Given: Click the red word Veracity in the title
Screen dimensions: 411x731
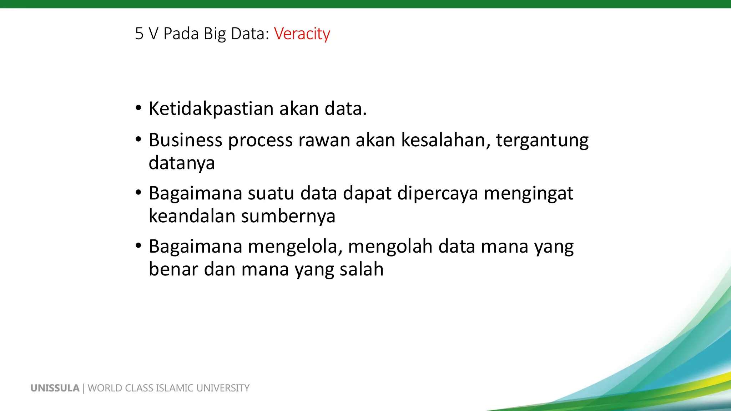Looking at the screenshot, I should coord(302,34).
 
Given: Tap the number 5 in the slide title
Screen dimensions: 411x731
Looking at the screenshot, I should coord(139,34).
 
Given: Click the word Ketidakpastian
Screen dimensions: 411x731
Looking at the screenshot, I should coord(211,109).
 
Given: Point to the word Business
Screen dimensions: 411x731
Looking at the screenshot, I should coord(185,140).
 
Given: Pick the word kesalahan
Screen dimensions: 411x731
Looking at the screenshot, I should coord(445,140).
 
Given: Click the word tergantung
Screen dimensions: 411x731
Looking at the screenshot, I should coord(542,141).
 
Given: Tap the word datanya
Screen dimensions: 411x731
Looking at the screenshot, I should coord(182,163).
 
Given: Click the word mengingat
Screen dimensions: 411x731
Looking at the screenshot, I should coord(529,194).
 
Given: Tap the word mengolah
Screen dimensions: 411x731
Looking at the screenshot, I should coord(390,247).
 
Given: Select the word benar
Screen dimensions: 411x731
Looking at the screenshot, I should coord(173,269).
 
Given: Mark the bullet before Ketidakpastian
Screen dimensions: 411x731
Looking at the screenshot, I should coord(138,108).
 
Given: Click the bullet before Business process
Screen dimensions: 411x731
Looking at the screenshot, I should coord(138,139).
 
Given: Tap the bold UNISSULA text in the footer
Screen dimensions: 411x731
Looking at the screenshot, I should coord(55,388).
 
